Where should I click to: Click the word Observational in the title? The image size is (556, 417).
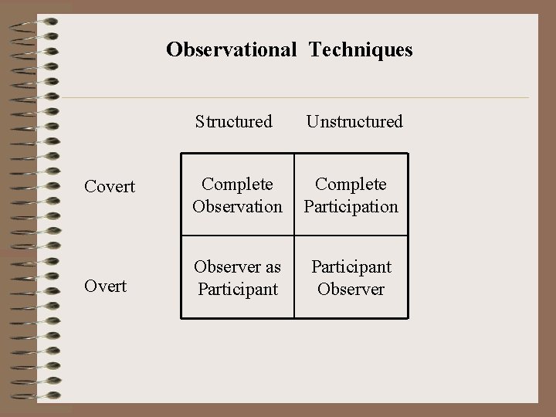(x=231, y=50)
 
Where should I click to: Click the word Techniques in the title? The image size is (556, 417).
(x=361, y=50)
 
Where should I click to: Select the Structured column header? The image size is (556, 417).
(x=234, y=121)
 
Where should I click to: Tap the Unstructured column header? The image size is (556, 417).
(x=354, y=121)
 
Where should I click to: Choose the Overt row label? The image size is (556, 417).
(x=105, y=286)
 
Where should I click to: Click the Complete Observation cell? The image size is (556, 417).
(x=237, y=195)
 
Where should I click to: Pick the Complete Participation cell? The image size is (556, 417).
(x=351, y=195)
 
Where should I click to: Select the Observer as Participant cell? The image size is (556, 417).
(x=237, y=278)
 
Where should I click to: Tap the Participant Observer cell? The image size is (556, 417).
(x=351, y=278)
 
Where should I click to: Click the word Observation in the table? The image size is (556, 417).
(x=237, y=206)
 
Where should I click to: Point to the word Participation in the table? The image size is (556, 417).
(x=351, y=206)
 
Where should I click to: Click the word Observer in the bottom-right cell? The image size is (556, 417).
(x=351, y=289)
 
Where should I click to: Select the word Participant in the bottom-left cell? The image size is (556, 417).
(x=237, y=289)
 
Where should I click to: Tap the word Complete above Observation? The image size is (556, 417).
(x=237, y=185)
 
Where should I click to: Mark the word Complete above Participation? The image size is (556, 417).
(x=351, y=185)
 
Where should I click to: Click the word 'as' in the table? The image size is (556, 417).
(x=273, y=267)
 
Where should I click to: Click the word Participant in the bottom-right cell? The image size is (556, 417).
(x=351, y=267)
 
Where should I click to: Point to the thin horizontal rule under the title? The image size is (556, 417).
(x=309, y=98)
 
